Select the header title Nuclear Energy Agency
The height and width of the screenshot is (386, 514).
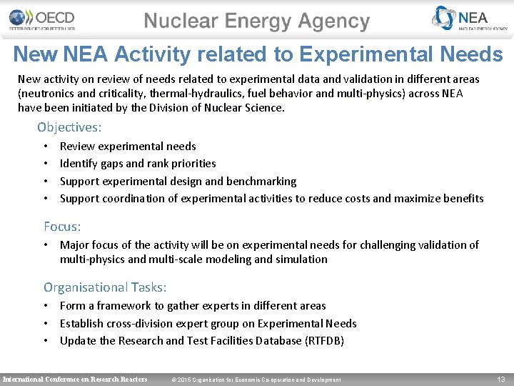pyautogui.click(x=257, y=21)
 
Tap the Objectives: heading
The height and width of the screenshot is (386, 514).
pyautogui.click(x=69, y=127)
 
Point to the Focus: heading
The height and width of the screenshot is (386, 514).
pyautogui.click(x=62, y=227)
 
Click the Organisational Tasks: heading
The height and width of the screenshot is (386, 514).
pyautogui.click(x=105, y=287)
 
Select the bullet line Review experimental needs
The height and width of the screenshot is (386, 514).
pyautogui.click(x=128, y=147)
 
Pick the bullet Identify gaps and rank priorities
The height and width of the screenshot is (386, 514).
pyautogui.click(x=138, y=164)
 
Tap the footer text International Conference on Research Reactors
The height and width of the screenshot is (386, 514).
pyautogui.click(x=76, y=379)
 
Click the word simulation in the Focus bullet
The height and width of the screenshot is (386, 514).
pyautogui.click(x=301, y=259)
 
